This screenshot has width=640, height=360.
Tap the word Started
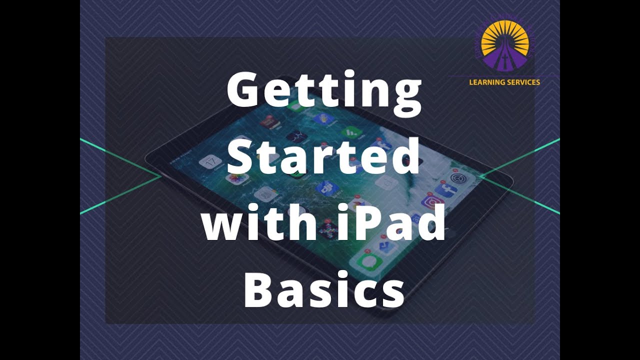point(324,156)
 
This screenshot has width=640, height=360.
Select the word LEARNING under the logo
point(487,82)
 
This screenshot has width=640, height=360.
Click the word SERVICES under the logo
point(523,82)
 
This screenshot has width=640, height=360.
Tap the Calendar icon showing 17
point(210,162)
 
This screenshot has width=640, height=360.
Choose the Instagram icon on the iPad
point(432,202)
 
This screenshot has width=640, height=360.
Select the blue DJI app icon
point(327,188)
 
